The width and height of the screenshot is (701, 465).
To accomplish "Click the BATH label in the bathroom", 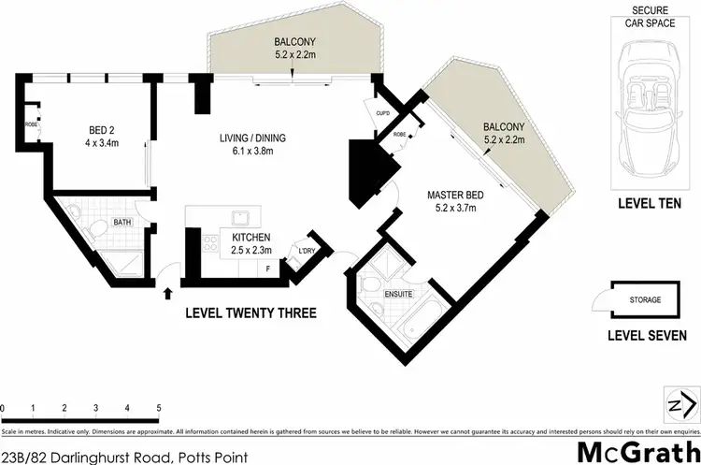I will click(122, 223).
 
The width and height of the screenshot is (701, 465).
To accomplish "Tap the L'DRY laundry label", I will click(306, 252).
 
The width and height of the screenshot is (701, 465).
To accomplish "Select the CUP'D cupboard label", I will click(382, 113).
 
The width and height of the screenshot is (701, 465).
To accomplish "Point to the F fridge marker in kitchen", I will click(270, 268).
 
